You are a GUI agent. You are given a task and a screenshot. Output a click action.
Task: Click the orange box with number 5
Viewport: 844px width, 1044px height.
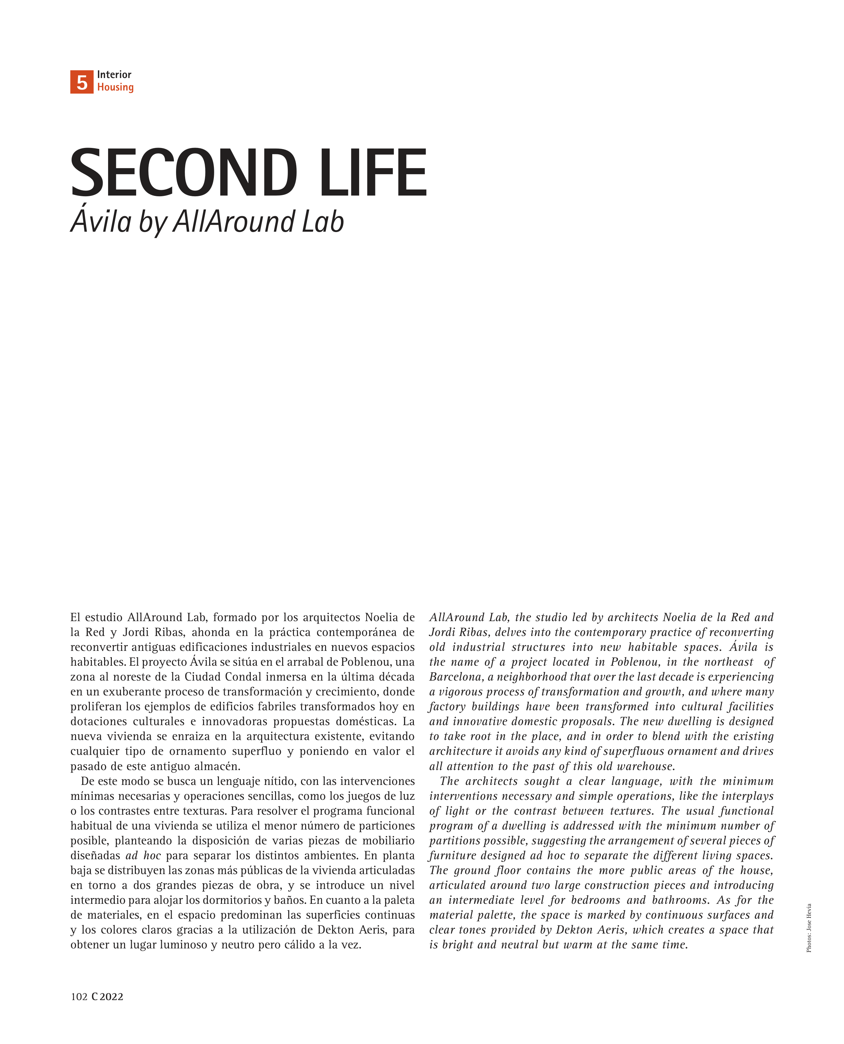coord(82,82)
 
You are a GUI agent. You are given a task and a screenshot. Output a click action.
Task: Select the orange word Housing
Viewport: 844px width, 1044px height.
coord(115,87)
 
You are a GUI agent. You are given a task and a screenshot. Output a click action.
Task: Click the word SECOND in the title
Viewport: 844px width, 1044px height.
coord(184,174)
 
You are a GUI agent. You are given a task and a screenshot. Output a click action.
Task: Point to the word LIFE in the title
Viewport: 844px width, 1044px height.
coord(373,174)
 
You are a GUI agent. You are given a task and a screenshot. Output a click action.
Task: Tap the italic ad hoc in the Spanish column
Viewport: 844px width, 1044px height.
coord(143,856)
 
